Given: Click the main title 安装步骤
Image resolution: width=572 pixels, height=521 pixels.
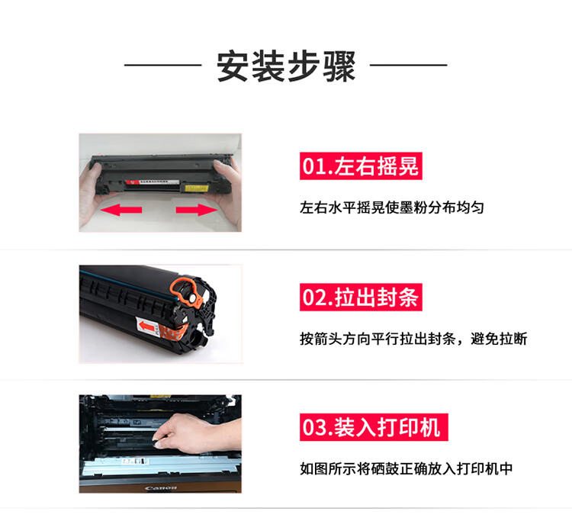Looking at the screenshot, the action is [286, 66].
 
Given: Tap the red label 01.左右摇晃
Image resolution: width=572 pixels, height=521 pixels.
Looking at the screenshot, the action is [361, 166].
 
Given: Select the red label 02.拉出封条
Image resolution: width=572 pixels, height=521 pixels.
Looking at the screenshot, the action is [361, 297].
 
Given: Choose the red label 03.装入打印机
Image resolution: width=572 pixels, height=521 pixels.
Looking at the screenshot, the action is [374, 427].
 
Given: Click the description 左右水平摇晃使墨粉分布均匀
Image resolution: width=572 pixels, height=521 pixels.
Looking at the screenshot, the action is [392, 207].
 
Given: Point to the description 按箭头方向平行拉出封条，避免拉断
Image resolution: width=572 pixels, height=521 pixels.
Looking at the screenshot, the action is [413, 339].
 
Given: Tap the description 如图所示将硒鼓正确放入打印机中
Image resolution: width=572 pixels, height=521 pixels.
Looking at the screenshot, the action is [406, 469].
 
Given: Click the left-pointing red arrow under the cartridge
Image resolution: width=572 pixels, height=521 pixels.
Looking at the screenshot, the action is [121, 210].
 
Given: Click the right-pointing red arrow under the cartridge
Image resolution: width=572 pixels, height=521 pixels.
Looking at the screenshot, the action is [197, 210].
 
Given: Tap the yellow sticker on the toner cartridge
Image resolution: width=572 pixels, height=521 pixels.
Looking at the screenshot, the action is [197, 188].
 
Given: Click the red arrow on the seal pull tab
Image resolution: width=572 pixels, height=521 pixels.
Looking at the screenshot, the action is [146, 326].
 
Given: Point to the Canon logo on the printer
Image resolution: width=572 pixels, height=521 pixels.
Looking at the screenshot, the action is [160, 487].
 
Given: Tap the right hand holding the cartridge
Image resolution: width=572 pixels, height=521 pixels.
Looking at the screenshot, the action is [228, 191].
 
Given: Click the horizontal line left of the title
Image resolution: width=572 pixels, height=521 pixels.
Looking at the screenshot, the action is [162, 66].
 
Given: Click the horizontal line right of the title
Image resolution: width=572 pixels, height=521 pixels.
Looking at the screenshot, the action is [409, 66].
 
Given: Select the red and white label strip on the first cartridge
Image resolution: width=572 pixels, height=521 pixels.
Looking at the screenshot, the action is [152, 182].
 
